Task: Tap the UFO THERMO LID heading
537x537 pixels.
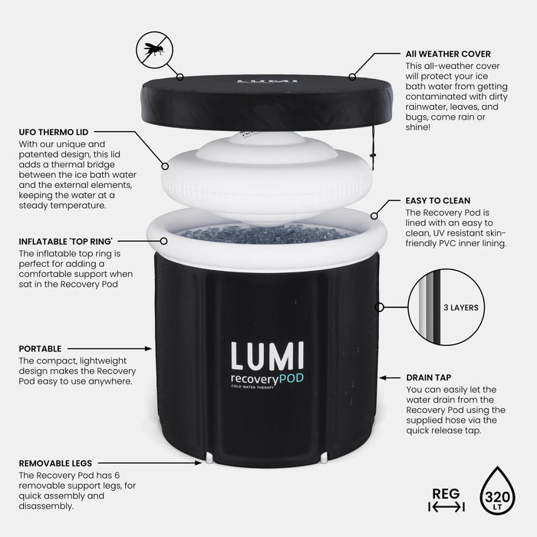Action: (x=51, y=132)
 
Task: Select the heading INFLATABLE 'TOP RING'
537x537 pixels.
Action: (x=69, y=241)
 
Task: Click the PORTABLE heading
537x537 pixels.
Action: (x=40, y=348)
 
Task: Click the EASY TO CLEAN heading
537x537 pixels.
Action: (x=438, y=200)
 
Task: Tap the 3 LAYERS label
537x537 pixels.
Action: (x=460, y=308)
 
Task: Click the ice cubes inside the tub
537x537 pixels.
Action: (x=261, y=232)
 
